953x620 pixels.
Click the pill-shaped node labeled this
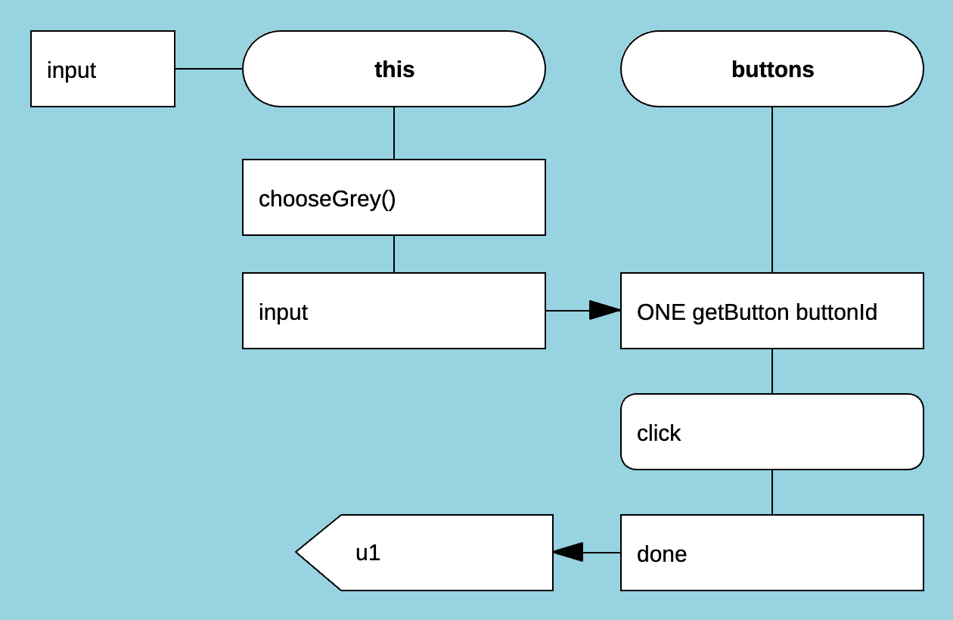pos(393,69)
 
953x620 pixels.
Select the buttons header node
pos(771,69)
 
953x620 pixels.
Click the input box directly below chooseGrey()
pos(393,311)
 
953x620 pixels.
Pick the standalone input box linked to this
pos(103,69)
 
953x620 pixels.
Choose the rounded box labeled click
pos(771,432)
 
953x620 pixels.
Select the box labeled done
pos(771,553)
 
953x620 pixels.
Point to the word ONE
pos(662,312)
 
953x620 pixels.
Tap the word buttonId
pos(837,312)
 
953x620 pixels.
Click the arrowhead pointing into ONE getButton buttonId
pos(605,311)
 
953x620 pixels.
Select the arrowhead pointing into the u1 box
pos(569,553)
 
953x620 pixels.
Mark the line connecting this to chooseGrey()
pos(394,133)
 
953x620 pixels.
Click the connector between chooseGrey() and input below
pos(394,254)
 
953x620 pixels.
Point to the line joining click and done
pos(772,492)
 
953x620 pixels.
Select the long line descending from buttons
pos(772,189)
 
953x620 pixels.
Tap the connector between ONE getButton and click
pos(772,371)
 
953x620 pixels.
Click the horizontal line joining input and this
pos(209,69)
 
